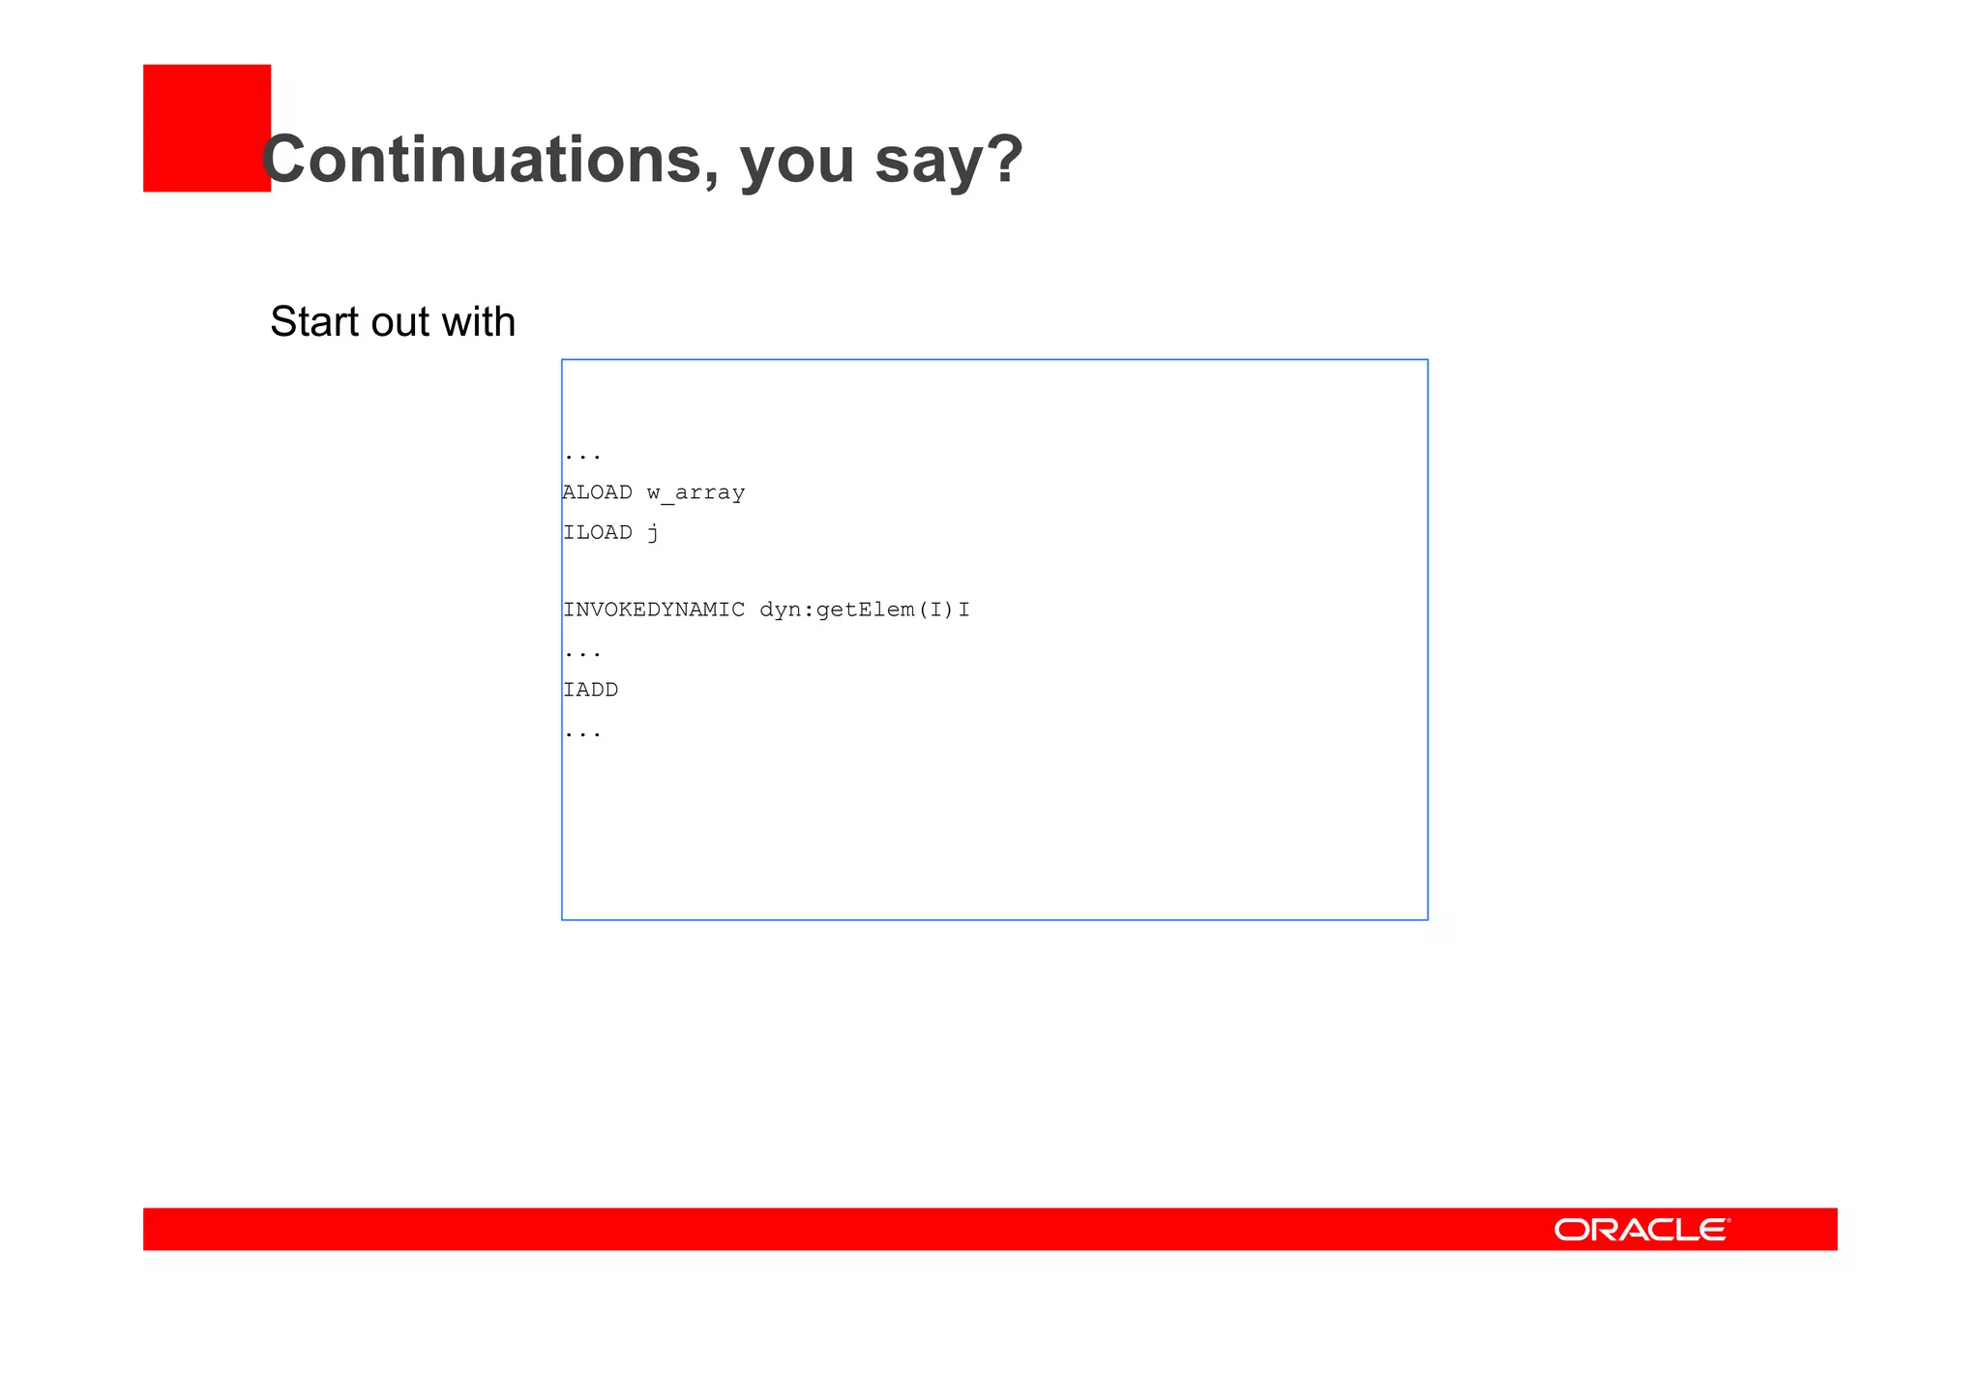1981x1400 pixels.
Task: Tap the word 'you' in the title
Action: click(x=797, y=163)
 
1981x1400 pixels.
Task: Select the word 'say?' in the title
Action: click(x=948, y=163)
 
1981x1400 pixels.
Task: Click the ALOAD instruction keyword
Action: click(x=598, y=492)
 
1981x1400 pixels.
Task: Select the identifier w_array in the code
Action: click(x=695, y=493)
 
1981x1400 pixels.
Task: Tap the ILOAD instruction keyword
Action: click(x=598, y=532)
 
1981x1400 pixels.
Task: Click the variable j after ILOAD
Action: click(x=654, y=533)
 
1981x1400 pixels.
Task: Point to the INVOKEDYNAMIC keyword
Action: click(x=654, y=610)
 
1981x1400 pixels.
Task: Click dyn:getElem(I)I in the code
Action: click(x=865, y=610)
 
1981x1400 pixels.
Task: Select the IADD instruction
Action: click(x=591, y=690)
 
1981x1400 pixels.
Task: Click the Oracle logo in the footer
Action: click(x=1641, y=1230)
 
